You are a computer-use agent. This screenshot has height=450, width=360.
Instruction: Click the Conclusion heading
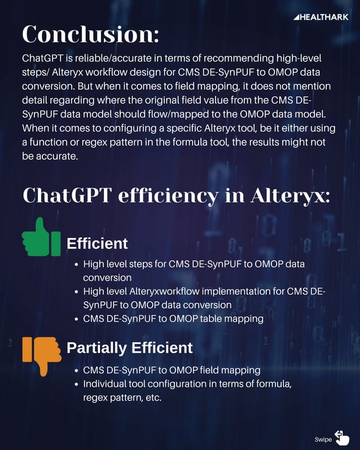click(90, 34)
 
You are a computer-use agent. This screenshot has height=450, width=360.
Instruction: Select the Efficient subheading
click(97, 244)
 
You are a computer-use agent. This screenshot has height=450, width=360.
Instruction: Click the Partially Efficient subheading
click(129, 347)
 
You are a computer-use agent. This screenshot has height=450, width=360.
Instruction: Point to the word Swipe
click(323, 439)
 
